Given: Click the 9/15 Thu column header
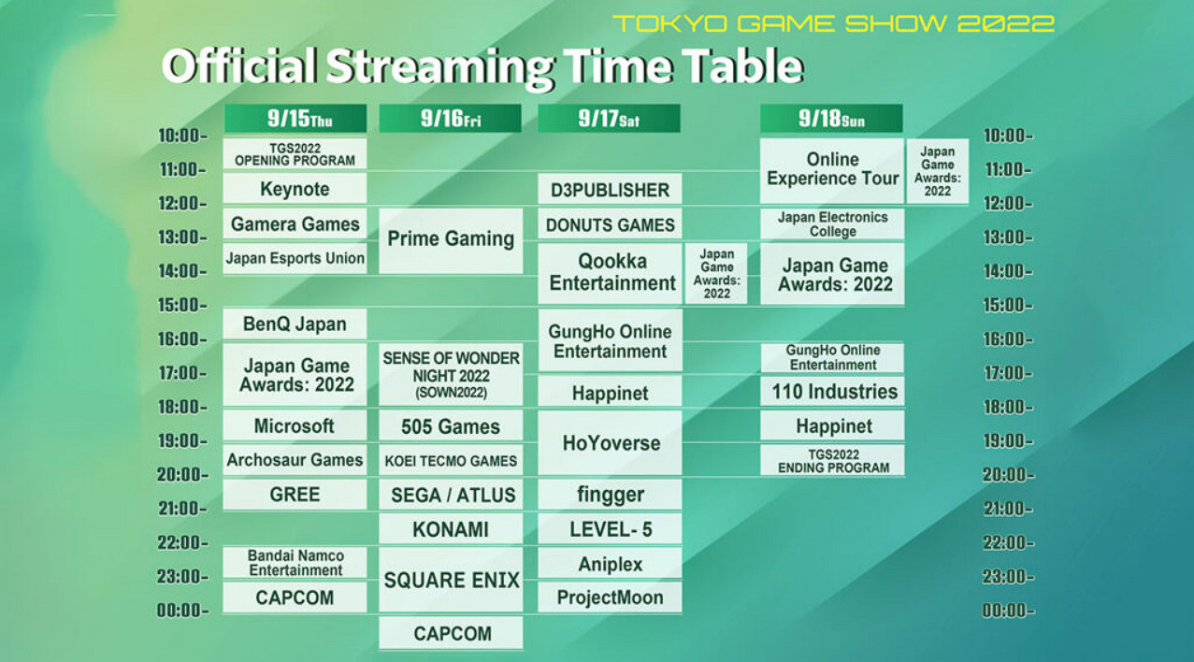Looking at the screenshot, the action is pyautogui.click(x=295, y=119).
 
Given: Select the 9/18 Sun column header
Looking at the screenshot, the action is pyautogui.click(x=831, y=119).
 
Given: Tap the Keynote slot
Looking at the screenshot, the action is pyautogui.click(x=295, y=189).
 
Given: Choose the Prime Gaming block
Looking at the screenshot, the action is pyautogui.click(x=451, y=240).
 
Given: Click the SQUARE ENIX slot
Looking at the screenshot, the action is pyautogui.click(x=451, y=580).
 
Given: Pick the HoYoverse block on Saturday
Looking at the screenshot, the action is pyautogui.click(x=610, y=442).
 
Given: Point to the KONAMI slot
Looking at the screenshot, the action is pyautogui.click(x=451, y=528).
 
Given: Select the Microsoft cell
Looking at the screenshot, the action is pyautogui.click(x=295, y=425).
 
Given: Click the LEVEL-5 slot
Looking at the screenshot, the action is pyautogui.click(x=610, y=528).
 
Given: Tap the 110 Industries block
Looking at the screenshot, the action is pyautogui.click(x=832, y=391).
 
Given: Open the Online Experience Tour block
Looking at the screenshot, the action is pyautogui.click(x=832, y=170).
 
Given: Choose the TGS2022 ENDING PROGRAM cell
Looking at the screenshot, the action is pyautogui.click(x=832, y=460).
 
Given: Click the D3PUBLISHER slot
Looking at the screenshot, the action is pyautogui.click(x=610, y=189).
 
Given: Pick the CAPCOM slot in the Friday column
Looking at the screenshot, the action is pyautogui.click(x=451, y=633).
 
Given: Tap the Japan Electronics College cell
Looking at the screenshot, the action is pyautogui.click(x=832, y=223).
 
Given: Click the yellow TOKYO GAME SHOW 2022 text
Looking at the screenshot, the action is pyautogui.click(x=834, y=23).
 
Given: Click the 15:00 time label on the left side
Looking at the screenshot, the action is pyautogui.click(x=182, y=305).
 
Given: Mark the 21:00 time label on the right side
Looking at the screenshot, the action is pyautogui.click(x=1007, y=509).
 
